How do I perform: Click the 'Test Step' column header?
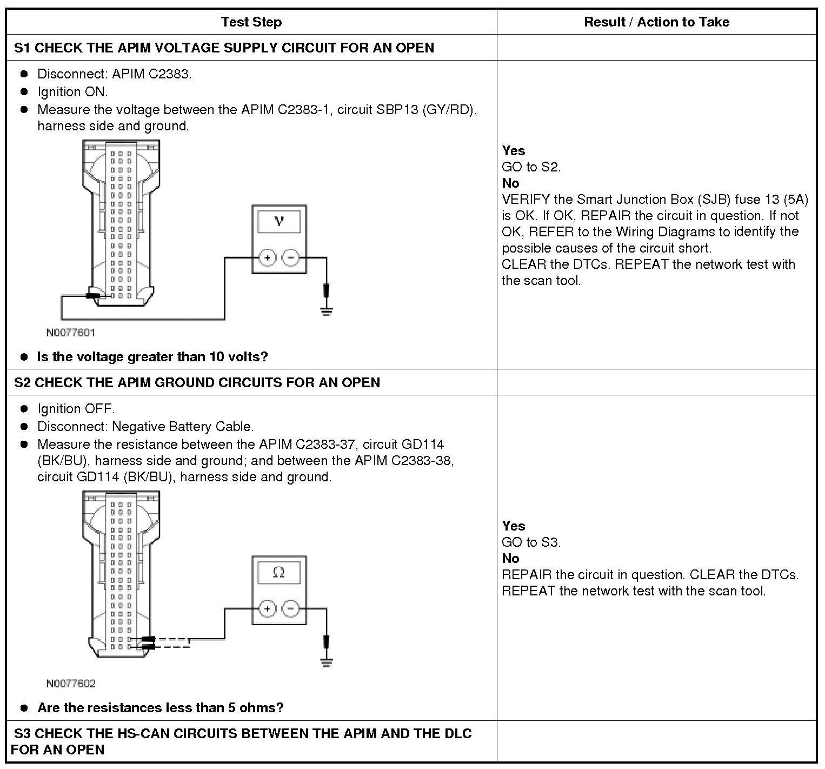pyautogui.click(x=251, y=22)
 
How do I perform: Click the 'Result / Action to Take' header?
pyautogui.click(x=656, y=22)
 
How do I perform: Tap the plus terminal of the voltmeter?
pyautogui.click(x=268, y=257)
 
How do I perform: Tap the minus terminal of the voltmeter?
pyautogui.click(x=291, y=257)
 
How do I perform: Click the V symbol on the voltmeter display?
pyautogui.click(x=279, y=221)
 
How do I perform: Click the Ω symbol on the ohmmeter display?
pyautogui.click(x=279, y=572)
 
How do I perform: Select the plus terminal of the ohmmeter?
pyautogui.click(x=268, y=609)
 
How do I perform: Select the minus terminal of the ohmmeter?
pyautogui.click(x=291, y=609)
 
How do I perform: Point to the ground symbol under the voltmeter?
pyautogui.click(x=327, y=310)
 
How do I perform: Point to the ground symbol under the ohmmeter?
pyautogui.click(x=327, y=662)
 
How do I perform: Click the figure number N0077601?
pyautogui.click(x=70, y=333)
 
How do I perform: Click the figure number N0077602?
pyautogui.click(x=70, y=684)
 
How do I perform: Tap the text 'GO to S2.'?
pyautogui.click(x=531, y=167)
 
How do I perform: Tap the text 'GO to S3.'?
pyautogui.click(x=531, y=542)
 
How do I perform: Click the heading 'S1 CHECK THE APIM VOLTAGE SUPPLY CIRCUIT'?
pyautogui.click(x=224, y=48)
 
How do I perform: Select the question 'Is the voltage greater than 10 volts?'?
pyautogui.click(x=152, y=357)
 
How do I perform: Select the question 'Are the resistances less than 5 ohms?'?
pyautogui.click(x=160, y=708)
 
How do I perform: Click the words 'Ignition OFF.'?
pyautogui.click(x=76, y=408)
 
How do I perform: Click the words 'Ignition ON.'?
pyautogui.click(x=72, y=91)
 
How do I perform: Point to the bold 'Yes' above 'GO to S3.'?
pyautogui.click(x=513, y=526)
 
